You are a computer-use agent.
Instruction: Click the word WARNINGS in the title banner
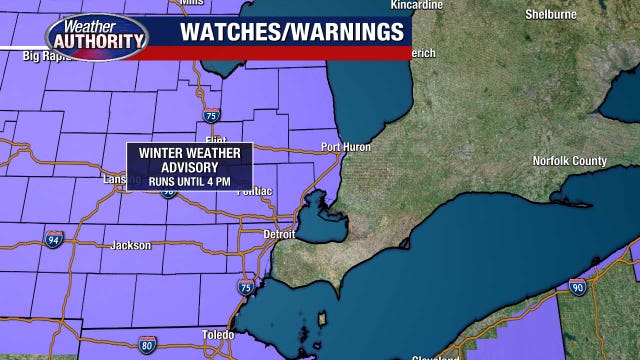343,31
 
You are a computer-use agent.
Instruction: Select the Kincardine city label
416,5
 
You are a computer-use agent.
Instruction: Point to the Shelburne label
551,15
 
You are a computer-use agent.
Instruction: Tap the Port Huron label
346,147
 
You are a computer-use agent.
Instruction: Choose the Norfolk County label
569,161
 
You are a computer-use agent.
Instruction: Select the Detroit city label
279,234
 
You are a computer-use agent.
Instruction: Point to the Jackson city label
131,245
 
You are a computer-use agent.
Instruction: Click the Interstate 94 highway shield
52,239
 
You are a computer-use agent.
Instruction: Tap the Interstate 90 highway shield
578,287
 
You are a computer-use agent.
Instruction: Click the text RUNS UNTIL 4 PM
188,182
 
